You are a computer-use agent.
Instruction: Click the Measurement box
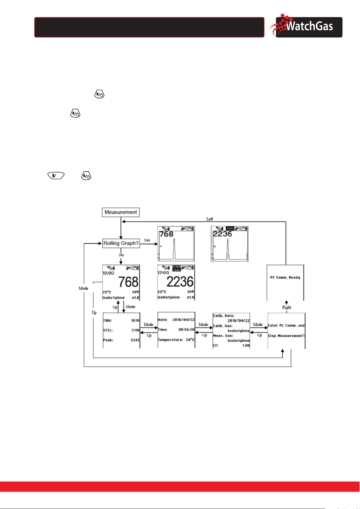click(x=121, y=212)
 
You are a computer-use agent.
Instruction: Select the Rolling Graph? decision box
click(x=121, y=243)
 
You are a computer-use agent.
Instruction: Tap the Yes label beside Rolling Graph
click(x=147, y=240)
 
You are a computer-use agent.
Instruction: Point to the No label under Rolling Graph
click(x=121, y=255)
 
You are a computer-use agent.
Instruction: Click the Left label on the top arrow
click(x=210, y=219)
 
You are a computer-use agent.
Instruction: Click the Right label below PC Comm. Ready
click(x=287, y=307)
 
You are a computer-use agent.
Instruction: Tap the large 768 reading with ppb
click(x=128, y=282)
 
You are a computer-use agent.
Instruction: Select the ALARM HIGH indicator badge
click(x=176, y=268)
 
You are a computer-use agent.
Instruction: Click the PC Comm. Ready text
click(x=285, y=277)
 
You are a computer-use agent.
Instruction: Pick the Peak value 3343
click(x=135, y=340)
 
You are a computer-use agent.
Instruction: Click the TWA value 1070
click(x=135, y=321)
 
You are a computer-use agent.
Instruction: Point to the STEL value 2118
click(x=136, y=330)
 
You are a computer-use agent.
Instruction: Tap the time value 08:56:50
click(x=186, y=330)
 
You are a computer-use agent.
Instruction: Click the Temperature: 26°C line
click(x=176, y=340)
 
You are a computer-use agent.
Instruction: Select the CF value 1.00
click(x=246, y=345)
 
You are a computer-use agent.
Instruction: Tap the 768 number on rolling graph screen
click(x=166, y=234)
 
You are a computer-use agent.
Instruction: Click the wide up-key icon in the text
click(x=56, y=175)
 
